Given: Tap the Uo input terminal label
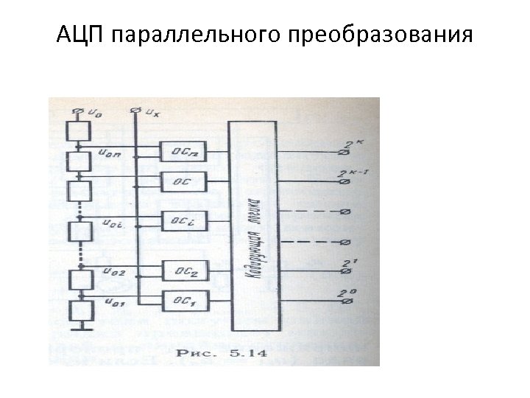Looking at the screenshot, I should click(x=95, y=113).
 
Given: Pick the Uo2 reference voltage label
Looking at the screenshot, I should click(x=116, y=272).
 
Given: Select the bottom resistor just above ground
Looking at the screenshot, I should click(x=78, y=309).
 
